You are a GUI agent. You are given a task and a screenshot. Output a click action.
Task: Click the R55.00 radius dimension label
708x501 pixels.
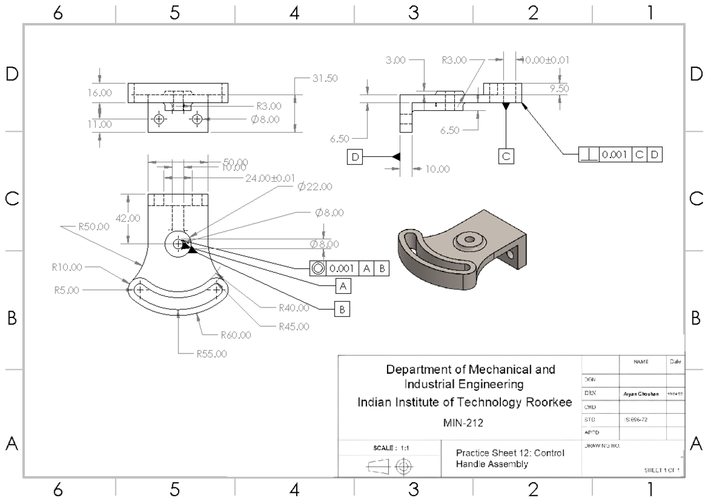tap(212, 355)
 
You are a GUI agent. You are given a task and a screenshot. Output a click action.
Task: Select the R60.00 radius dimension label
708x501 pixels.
tap(236, 335)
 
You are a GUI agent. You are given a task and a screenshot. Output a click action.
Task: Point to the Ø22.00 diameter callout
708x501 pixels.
tap(314, 186)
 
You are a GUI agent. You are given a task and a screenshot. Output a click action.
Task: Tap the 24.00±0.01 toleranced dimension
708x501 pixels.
tap(270, 178)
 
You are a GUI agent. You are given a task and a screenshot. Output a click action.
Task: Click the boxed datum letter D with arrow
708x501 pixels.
tap(355, 156)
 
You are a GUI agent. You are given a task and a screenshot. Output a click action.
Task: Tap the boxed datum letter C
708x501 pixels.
tap(506, 156)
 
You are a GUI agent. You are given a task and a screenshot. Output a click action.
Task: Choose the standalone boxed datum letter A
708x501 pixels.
tap(342, 286)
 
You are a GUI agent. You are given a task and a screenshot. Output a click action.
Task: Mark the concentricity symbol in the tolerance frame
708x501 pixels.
tap(318, 268)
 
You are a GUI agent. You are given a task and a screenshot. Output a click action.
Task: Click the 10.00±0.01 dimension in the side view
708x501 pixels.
tap(542, 60)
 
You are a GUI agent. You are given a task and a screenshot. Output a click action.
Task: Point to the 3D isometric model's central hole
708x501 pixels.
tap(469, 240)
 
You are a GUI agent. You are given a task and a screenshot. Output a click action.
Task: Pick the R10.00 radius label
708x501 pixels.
tap(68, 267)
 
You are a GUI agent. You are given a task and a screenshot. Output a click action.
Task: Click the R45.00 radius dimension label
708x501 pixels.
tap(294, 326)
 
